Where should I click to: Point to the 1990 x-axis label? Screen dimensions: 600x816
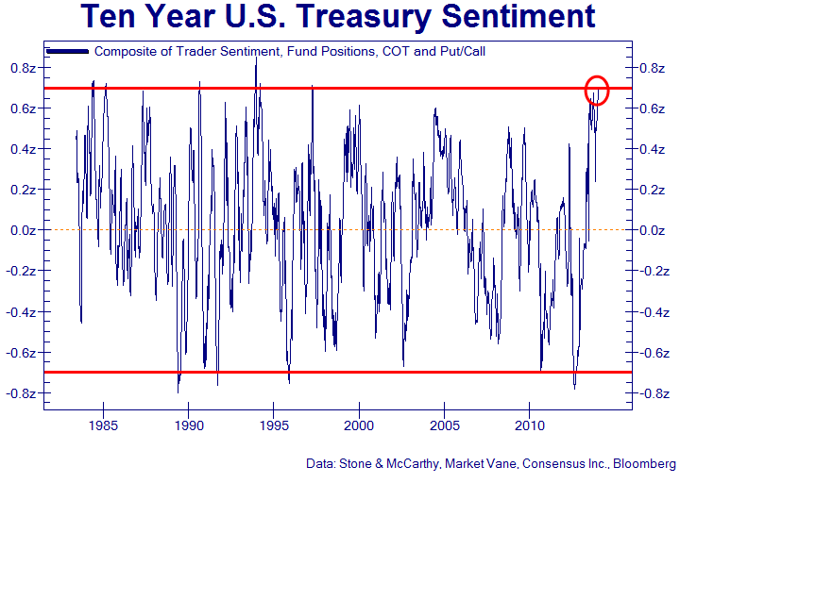click(189, 425)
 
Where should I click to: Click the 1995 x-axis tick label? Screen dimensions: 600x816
click(274, 425)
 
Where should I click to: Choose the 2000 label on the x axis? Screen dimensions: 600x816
click(359, 425)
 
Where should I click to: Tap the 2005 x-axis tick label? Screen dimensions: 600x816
click(445, 425)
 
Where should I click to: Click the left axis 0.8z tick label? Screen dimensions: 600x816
click(23, 68)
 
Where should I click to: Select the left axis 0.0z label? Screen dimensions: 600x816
click(23, 230)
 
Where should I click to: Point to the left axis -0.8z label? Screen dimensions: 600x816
click(21, 393)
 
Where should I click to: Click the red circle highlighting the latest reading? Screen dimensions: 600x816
click(597, 90)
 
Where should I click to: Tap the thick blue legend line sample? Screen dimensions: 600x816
click(67, 51)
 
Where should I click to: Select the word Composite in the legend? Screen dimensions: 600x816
click(127, 51)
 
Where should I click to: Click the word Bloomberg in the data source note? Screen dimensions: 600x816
click(645, 464)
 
